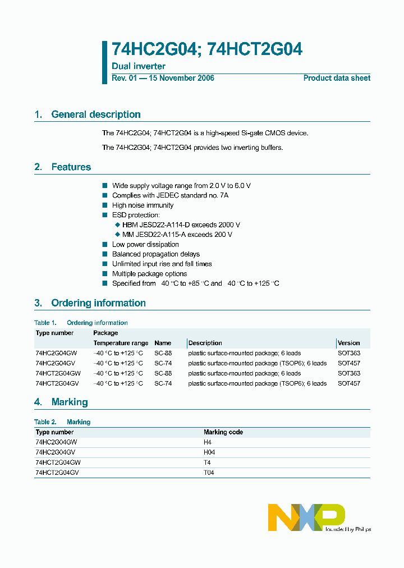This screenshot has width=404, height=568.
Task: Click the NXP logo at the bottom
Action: click(x=306, y=517)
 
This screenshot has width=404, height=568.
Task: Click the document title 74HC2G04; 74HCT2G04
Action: click(x=207, y=49)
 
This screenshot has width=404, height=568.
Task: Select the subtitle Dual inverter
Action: click(x=139, y=66)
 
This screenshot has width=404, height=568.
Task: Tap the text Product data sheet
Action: click(x=337, y=78)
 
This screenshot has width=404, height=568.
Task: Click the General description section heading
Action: click(x=95, y=114)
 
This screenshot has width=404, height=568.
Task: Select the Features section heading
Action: click(x=71, y=167)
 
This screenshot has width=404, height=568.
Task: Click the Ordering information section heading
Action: click(x=98, y=303)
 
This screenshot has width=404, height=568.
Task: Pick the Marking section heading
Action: click(x=70, y=402)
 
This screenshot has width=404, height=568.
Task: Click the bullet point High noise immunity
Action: click(x=143, y=205)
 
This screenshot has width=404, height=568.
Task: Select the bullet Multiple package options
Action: click(x=149, y=274)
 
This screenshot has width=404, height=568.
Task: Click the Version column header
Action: click(x=348, y=343)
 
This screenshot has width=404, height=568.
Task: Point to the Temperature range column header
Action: click(x=121, y=343)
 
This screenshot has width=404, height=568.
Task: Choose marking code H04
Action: click(x=209, y=452)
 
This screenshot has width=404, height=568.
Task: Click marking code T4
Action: click(x=207, y=462)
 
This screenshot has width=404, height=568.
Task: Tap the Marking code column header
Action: click(x=223, y=432)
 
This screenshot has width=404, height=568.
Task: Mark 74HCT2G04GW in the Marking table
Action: click(x=58, y=462)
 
